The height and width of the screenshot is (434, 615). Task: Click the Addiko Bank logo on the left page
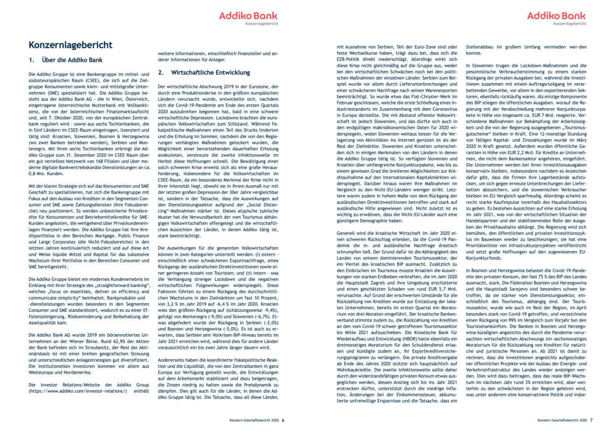point(249,16)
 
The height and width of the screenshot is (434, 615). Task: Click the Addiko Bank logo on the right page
point(556,16)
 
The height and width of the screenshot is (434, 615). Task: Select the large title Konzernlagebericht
point(71,45)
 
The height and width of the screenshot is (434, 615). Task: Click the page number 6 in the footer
point(283,420)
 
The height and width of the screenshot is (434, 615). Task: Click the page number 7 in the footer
point(591,420)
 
